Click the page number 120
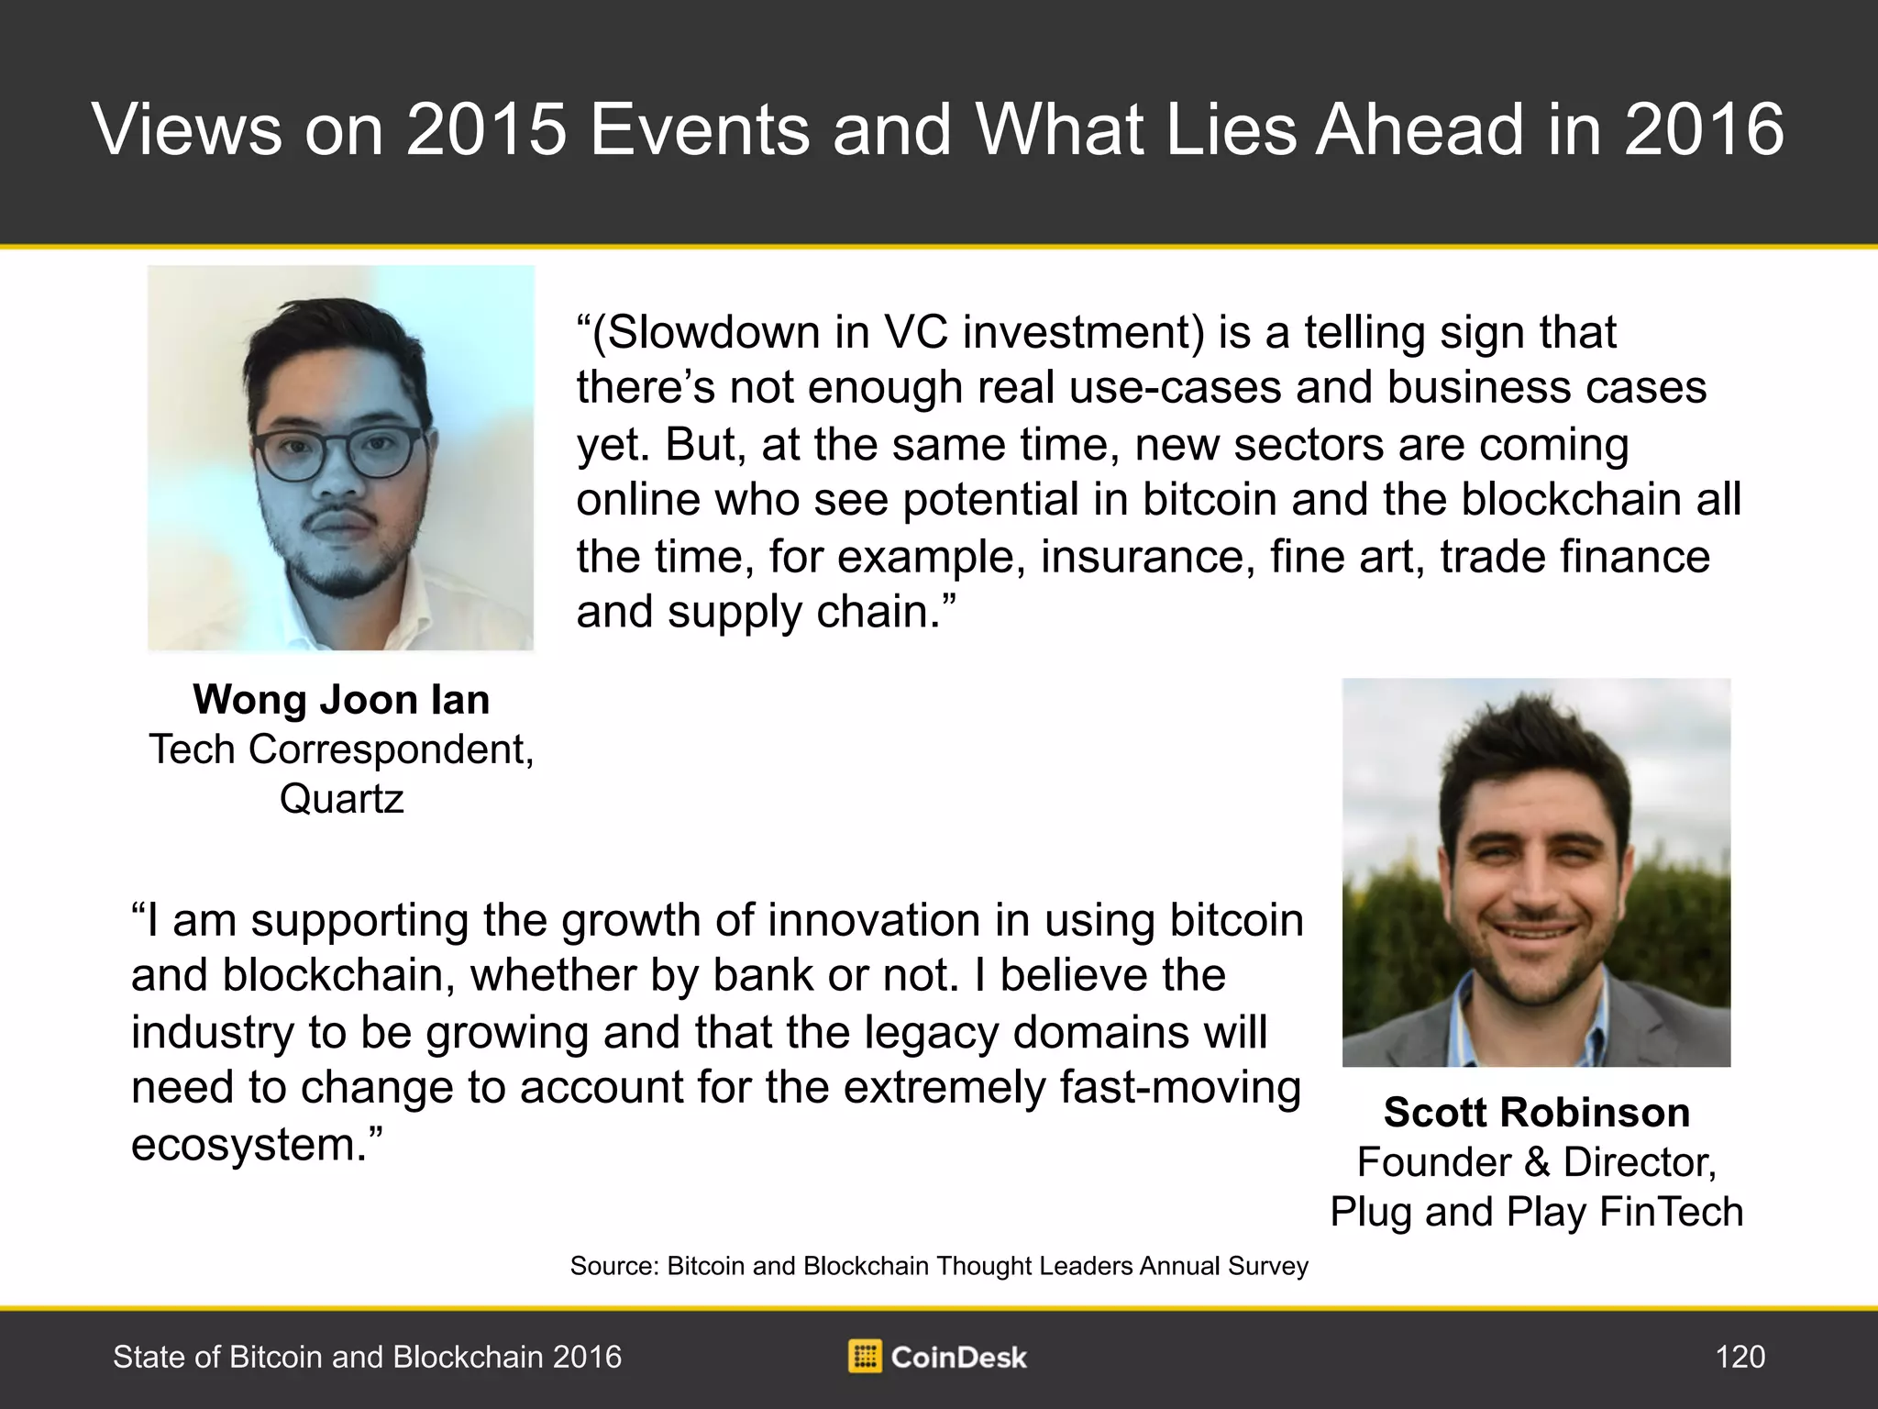1740,1357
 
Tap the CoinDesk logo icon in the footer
865,1357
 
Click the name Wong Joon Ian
341,700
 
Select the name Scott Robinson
1537,1113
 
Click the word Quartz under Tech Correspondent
341,799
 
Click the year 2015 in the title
487,129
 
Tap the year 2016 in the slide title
1705,129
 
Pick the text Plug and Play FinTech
1537,1212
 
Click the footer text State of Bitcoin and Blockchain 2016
367,1357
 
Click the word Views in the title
188,129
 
